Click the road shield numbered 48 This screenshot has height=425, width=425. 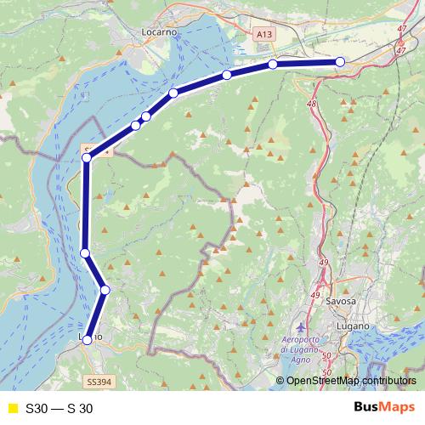(312, 104)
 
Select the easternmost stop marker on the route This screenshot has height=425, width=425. (340, 61)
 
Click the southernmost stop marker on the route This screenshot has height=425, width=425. (87, 340)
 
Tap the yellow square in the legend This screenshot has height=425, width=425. (12, 408)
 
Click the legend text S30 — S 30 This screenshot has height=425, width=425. (59, 408)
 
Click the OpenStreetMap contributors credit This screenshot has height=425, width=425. (349, 380)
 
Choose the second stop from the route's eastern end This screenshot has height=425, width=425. (273, 64)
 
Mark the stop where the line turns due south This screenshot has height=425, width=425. (87, 158)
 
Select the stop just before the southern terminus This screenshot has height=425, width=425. (105, 290)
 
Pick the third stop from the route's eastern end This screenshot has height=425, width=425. (227, 76)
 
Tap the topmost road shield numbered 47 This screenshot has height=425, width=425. (401, 29)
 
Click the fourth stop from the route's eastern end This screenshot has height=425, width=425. (173, 93)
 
